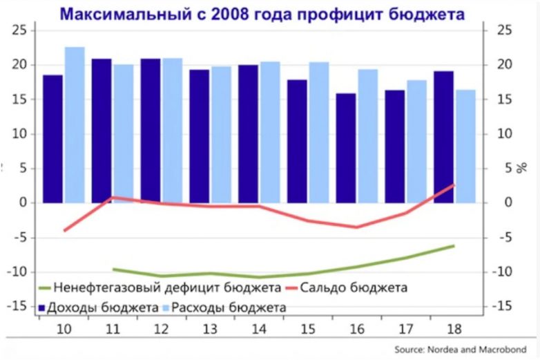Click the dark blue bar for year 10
pyautogui.click(x=52, y=138)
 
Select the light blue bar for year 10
pyautogui.click(x=74, y=124)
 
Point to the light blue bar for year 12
pyautogui.click(x=172, y=131)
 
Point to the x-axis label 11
pyautogui.click(x=111, y=328)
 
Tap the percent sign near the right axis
pyautogui.click(x=512, y=168)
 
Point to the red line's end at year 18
pyautogui.click(x=454, y=185)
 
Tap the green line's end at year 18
pyautogui.click(x=454, y=245)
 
